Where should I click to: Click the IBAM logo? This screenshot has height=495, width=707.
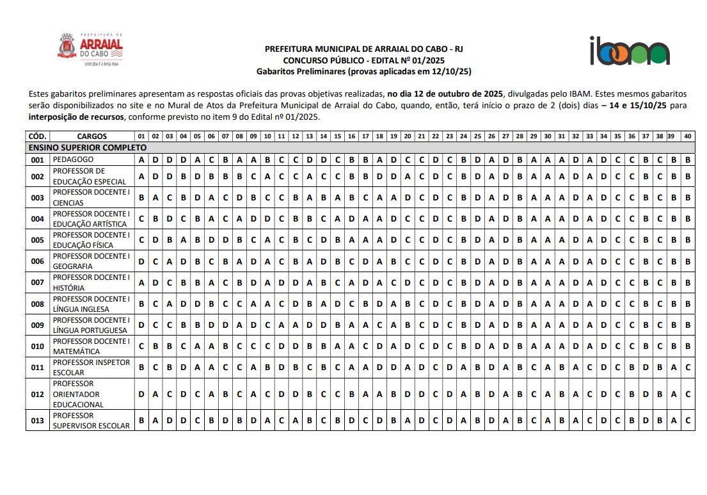(x=630, y=51)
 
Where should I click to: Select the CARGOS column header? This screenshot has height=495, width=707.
(x=91, y=136)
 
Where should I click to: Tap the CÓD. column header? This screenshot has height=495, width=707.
(x=37, y=136)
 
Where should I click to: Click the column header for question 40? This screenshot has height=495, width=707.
(x=688, y=136)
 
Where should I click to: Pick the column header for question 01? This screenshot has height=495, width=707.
(x=141, y=136)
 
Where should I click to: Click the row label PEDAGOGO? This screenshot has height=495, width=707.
(x=73, y=159)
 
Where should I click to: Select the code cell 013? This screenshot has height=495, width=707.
(x=38, y=420)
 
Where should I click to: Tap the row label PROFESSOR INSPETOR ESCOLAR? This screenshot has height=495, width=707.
(x=91, y=367)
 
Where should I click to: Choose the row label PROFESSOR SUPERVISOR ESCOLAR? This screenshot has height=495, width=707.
(x=91, y=420)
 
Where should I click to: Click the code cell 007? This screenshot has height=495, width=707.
(x=38, y=282)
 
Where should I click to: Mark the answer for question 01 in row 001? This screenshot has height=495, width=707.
(x=141, y=159)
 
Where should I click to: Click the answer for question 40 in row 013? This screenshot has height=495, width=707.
(x=688, y=420)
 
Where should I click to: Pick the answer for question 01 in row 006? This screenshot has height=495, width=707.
(x=141, y=261)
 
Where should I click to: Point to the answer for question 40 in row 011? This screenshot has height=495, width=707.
(x=688, y=367)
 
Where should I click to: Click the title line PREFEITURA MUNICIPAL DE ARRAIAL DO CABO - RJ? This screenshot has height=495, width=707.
(x=363, y=49)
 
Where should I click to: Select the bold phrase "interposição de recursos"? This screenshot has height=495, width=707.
(x=77, y=117)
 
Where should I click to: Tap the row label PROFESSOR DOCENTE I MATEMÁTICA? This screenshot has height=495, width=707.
(x=91, y=346)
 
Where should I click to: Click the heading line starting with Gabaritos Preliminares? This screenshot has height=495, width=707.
(x=363, y=71)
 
